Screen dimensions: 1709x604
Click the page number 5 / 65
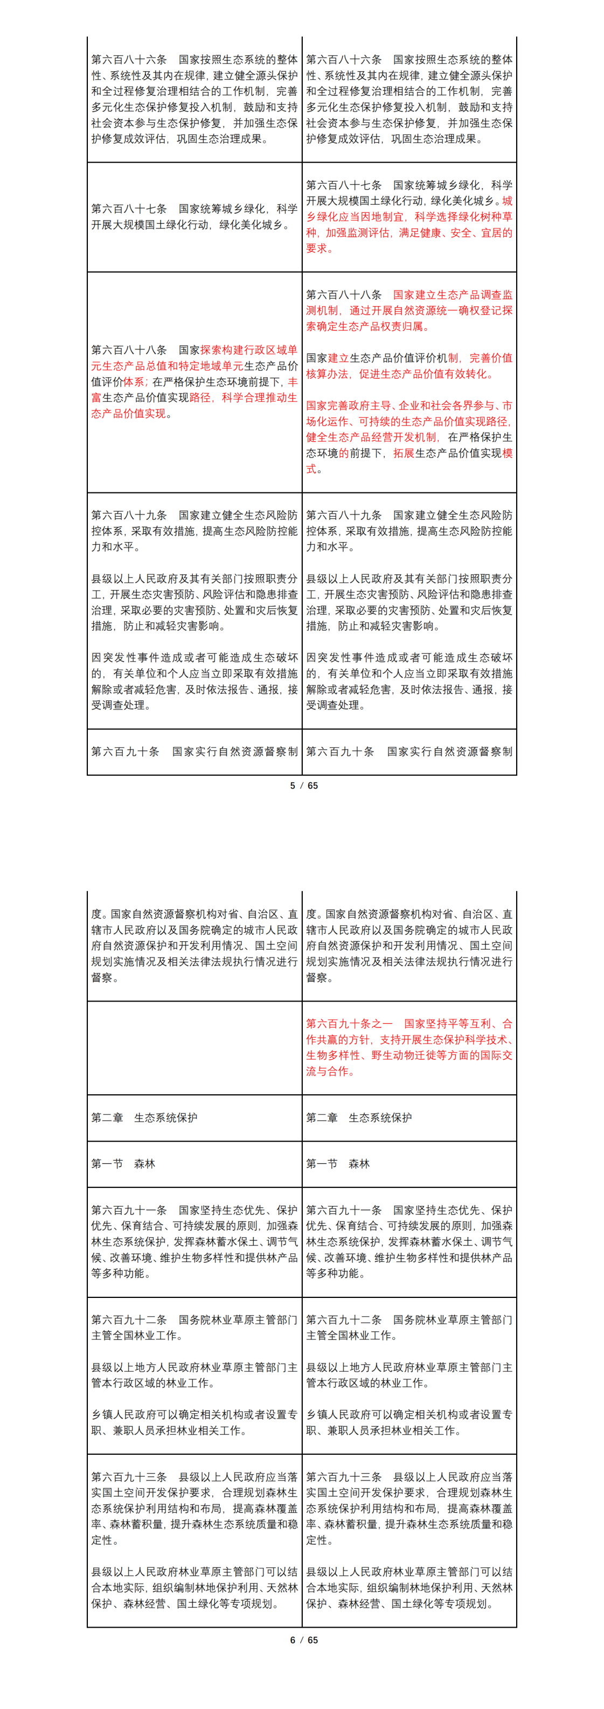[304, 786]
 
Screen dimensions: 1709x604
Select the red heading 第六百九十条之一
[349, 1024]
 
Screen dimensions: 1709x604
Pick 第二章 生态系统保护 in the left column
[144, 1117]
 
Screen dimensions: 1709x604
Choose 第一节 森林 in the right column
[337, 1164]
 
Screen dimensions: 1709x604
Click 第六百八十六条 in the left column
[129, 60]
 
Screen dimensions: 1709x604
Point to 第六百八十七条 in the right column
[344, 185]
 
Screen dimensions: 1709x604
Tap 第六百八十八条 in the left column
[129, 350]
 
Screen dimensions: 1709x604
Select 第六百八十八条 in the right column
[344, 295]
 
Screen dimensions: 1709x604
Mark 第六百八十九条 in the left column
[129, 515]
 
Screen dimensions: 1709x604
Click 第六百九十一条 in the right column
[344, 1210]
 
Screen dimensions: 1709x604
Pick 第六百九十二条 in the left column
[129, 1319]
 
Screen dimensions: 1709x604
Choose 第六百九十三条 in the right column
[344, 1477]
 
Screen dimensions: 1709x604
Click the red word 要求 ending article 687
[317, 249]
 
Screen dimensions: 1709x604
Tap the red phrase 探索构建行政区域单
[249, 350]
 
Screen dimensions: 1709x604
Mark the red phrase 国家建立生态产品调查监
[452, 295]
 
